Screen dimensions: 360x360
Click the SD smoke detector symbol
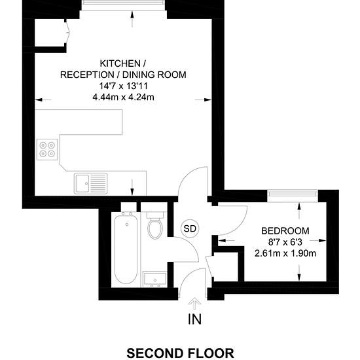pos(190,228)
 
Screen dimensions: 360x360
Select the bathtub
pos(126,249)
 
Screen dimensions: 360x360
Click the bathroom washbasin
pos(154,279)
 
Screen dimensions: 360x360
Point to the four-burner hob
pos(47,149)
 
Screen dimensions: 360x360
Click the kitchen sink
pos(90,183)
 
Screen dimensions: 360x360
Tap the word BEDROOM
pos(285,231)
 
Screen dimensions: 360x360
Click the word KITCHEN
pos(120,63)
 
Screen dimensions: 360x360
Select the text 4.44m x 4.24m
pos(123,98)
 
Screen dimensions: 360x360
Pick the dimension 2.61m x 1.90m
pos(285,253)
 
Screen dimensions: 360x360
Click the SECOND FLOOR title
pos(180,353)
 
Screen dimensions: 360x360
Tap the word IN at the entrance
pos(194,319)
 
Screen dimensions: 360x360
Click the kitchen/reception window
pos(123,5)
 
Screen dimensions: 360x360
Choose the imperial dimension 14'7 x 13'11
pos(123,86)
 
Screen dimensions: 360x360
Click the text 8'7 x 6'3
pos(285,242)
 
